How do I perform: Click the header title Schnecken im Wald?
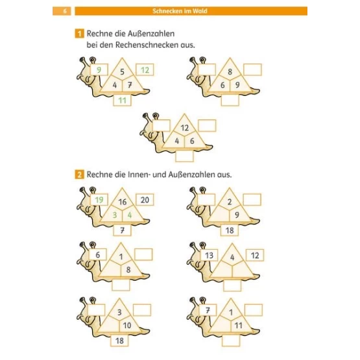[x=180, y=11]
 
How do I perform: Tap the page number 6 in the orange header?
[x=65, y=11]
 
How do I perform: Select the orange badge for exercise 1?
[x=79, y=34]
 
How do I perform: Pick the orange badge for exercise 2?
[x=79, y=174]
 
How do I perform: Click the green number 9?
[x=99, y=70]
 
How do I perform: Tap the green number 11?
[x=123, y=101]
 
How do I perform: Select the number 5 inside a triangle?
[x=122, y=71]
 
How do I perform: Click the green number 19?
[x=99, y=200]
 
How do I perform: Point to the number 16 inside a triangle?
[x=123, y=202]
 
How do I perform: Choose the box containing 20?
[x=145, y=200]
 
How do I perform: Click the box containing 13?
[x=209, y=255]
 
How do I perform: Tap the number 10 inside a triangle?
[x=127, y=326]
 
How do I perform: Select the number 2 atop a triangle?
[x=230, y=202]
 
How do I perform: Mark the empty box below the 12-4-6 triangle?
[x=184, y=156]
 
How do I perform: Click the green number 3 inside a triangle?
[x=115, y=215]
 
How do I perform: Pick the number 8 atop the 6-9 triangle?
[x=230, y=71]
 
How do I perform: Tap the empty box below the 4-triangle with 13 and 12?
[x=232, y=285]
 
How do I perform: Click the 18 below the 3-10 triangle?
[x=119, y=341]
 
